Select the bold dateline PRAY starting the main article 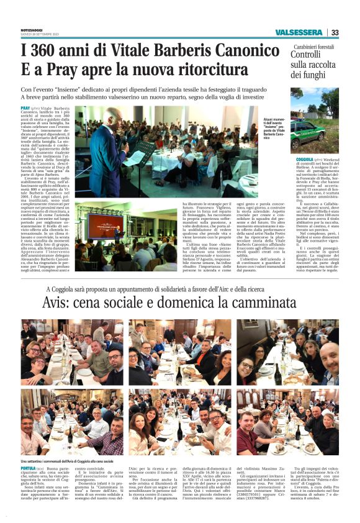tap(25, 108)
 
